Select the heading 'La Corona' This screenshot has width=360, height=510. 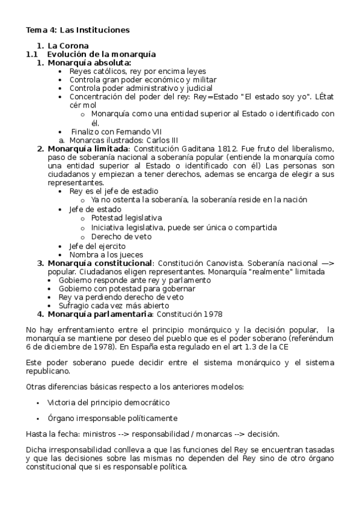[68, 46]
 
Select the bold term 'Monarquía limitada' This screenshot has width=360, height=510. [87, 149]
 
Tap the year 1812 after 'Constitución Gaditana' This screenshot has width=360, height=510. [210, 149]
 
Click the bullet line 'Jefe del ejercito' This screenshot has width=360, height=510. [97, 246]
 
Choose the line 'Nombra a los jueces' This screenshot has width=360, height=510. [102, 254]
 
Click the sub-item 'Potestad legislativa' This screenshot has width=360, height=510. [126, 218]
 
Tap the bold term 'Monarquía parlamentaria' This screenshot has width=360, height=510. [100, 314]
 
